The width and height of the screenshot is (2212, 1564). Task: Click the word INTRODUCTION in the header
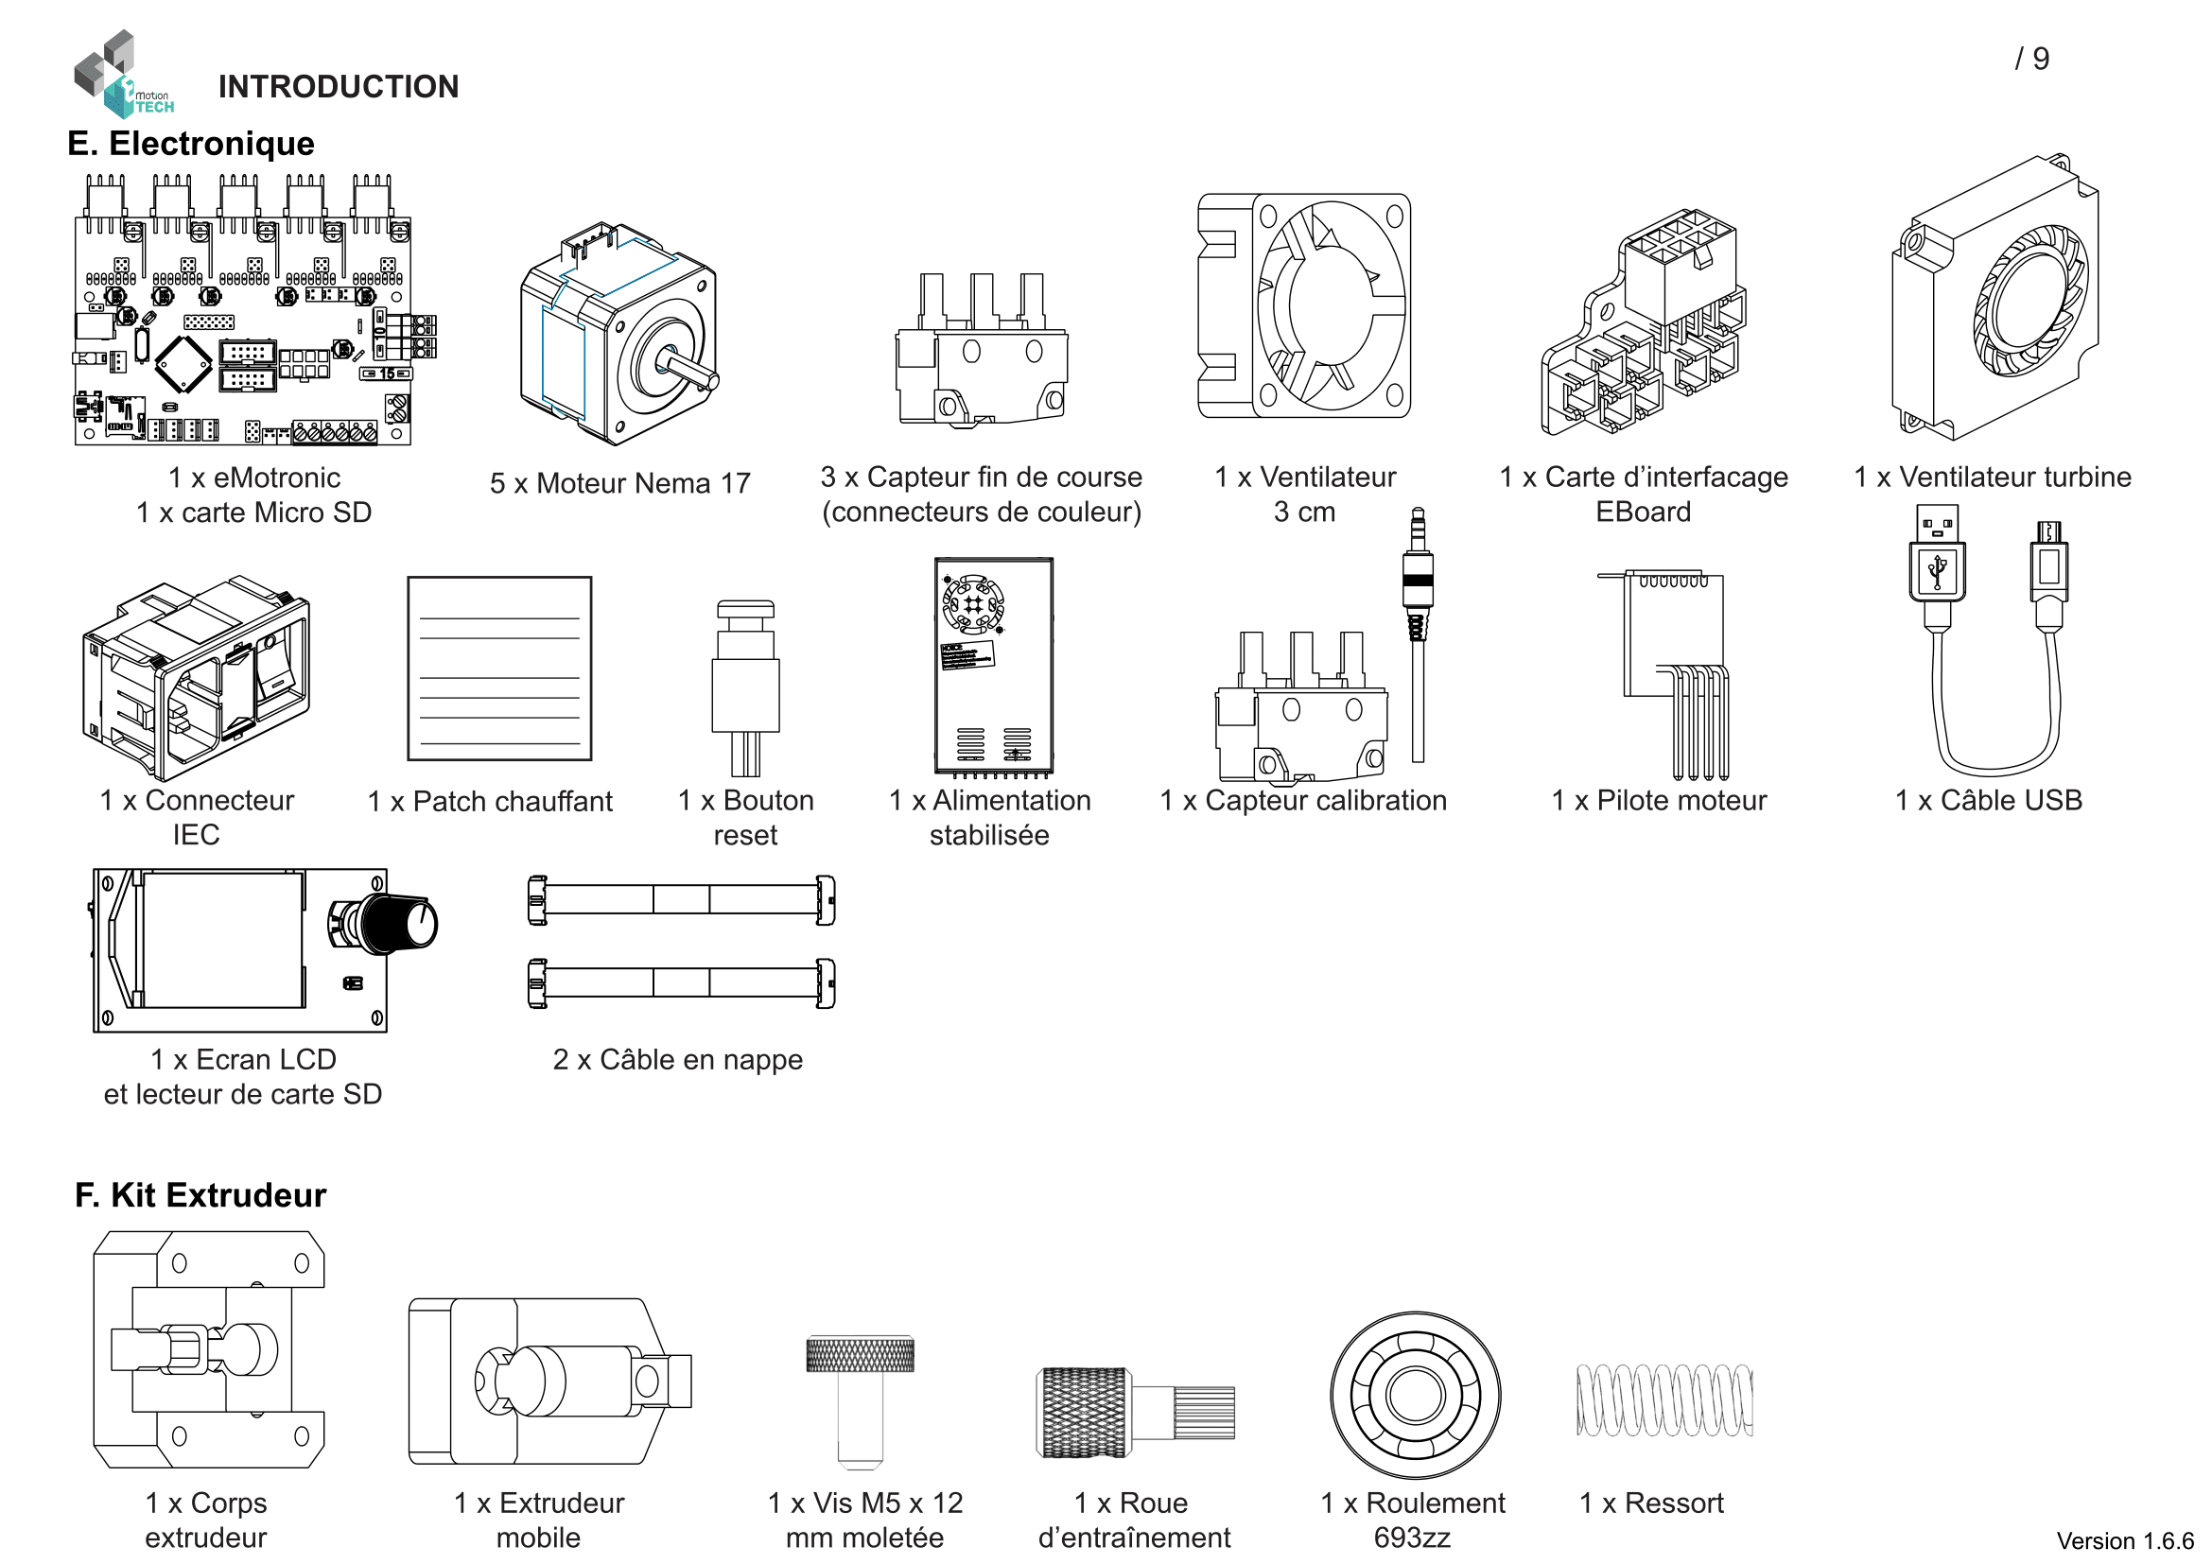coord(339,87)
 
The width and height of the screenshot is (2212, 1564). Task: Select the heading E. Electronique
coord(191,144)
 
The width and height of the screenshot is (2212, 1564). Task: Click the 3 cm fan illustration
coord(1303,306)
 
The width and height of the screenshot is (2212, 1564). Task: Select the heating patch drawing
coord(499,669)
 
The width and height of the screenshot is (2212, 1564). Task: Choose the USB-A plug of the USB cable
coord(1937,559)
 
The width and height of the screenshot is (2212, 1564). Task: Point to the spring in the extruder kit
coord(1663,1400)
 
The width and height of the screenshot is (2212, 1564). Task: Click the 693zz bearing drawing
coord(1416,1396)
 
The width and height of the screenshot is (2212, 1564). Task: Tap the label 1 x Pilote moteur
coord(1658,800)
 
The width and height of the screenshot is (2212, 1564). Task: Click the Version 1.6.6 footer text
coord(2124,1541)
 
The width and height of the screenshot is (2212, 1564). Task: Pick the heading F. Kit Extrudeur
coord(200,1195)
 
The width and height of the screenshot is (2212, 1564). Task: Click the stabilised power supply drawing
coord(993,666)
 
